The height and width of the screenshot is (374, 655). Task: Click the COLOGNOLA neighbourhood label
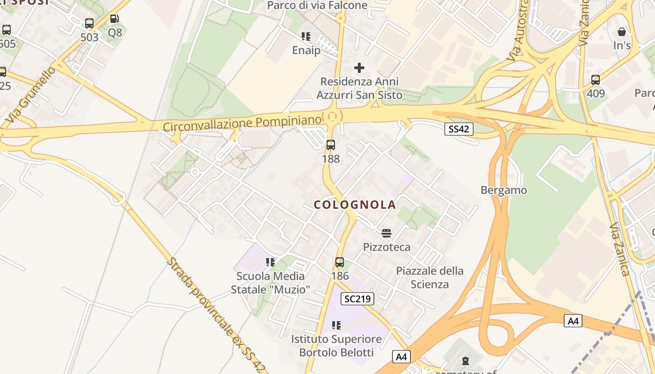355,205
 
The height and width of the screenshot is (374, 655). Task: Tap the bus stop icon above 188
331,145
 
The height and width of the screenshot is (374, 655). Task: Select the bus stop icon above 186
340,262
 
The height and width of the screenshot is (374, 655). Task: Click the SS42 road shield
458,129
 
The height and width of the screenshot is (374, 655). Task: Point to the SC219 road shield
357,299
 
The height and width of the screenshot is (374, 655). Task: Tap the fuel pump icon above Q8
115,19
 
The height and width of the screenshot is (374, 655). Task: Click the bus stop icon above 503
89,23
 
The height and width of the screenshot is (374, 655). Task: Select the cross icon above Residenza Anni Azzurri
359,68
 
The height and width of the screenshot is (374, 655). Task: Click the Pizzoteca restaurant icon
386,233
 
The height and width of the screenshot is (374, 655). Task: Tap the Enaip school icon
306,36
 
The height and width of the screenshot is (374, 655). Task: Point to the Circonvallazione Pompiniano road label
242,123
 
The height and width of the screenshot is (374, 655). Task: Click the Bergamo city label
504,190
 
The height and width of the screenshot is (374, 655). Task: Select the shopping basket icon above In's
622,32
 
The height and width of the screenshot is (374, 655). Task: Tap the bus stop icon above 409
596,80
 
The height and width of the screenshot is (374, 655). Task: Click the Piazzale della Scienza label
429,277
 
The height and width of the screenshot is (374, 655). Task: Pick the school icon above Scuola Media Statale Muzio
270,262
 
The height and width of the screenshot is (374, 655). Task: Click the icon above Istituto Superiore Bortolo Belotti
336,325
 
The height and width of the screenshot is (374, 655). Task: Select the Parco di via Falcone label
317,5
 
